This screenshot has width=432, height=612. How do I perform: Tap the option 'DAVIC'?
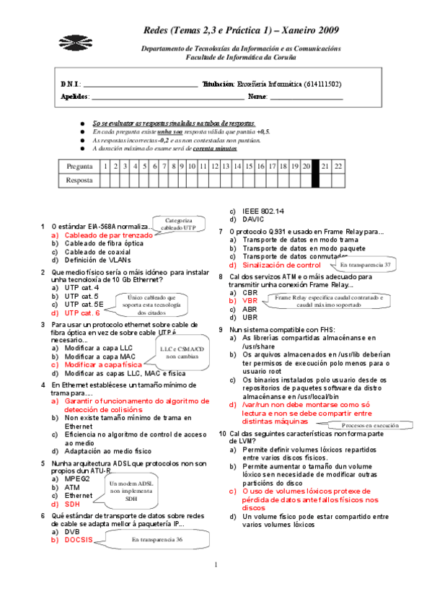[254, 219]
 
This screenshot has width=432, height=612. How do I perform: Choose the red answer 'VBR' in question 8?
[250, 300]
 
